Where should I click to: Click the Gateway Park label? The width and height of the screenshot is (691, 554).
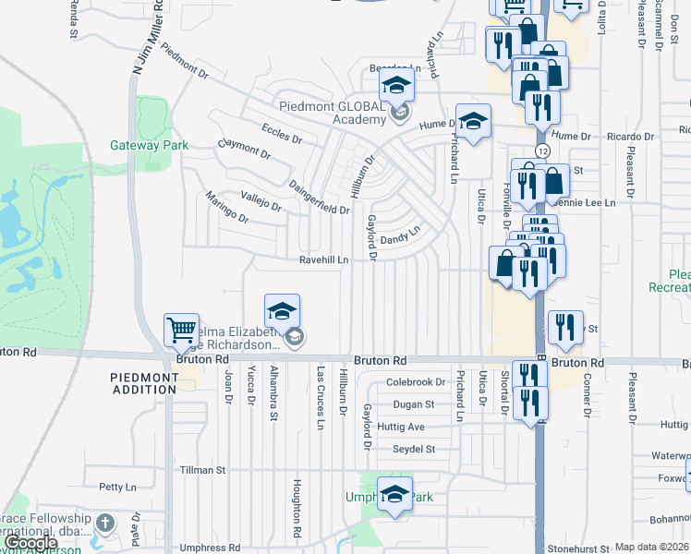pos(149,145)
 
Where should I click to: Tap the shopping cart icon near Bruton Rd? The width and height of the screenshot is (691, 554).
pos(181,330)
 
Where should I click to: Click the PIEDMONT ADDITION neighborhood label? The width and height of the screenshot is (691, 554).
pos(143,383)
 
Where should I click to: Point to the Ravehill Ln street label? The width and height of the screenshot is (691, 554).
pos(323,260)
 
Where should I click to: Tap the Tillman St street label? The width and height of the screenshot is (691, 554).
pos(202,470)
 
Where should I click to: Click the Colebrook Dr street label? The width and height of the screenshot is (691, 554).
pos(416,382)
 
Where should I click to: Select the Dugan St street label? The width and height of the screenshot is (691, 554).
pos(413,404)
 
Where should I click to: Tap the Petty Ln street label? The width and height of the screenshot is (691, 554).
pos(117,487)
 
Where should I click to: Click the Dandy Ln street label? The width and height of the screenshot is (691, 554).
pos(401,235)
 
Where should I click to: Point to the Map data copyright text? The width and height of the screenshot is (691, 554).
pos(651,547)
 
